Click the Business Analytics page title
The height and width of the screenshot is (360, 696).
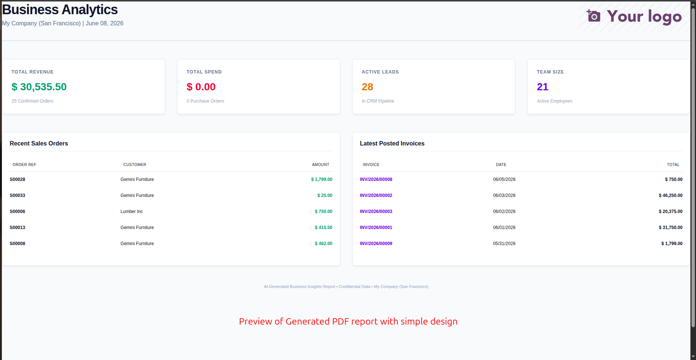click(60, 10)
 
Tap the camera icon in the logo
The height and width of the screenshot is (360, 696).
click(593, 16)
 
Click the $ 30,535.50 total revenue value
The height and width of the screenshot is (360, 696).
click(39, 87)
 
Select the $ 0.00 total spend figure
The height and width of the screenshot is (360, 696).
click(201, 87)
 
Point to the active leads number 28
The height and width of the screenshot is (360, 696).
click(367, 87)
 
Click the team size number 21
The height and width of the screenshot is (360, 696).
click(542, 87)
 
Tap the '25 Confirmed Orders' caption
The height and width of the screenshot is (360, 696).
click(32, 101)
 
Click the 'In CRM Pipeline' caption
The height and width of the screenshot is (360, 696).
click(378, 101)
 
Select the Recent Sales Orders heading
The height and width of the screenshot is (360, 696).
click(39, 144)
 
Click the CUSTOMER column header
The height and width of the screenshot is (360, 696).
click(135, 165)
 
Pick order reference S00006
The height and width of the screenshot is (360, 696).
click(18, 212)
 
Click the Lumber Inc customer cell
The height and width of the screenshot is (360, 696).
click(132, 212)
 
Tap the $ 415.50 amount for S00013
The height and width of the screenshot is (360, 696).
click(324, 228)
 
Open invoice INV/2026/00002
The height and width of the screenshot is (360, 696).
click(376, 195)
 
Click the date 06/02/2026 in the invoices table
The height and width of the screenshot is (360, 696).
click(504, 212)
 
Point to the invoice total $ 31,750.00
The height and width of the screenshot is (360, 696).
click(671, 228)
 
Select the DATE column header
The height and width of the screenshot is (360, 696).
click(501, 165)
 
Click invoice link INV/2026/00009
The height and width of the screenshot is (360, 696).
click(376, 244)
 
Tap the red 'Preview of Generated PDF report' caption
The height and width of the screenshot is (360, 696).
click(348, 322)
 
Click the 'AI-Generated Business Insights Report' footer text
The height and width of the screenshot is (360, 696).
click(299, 287)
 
